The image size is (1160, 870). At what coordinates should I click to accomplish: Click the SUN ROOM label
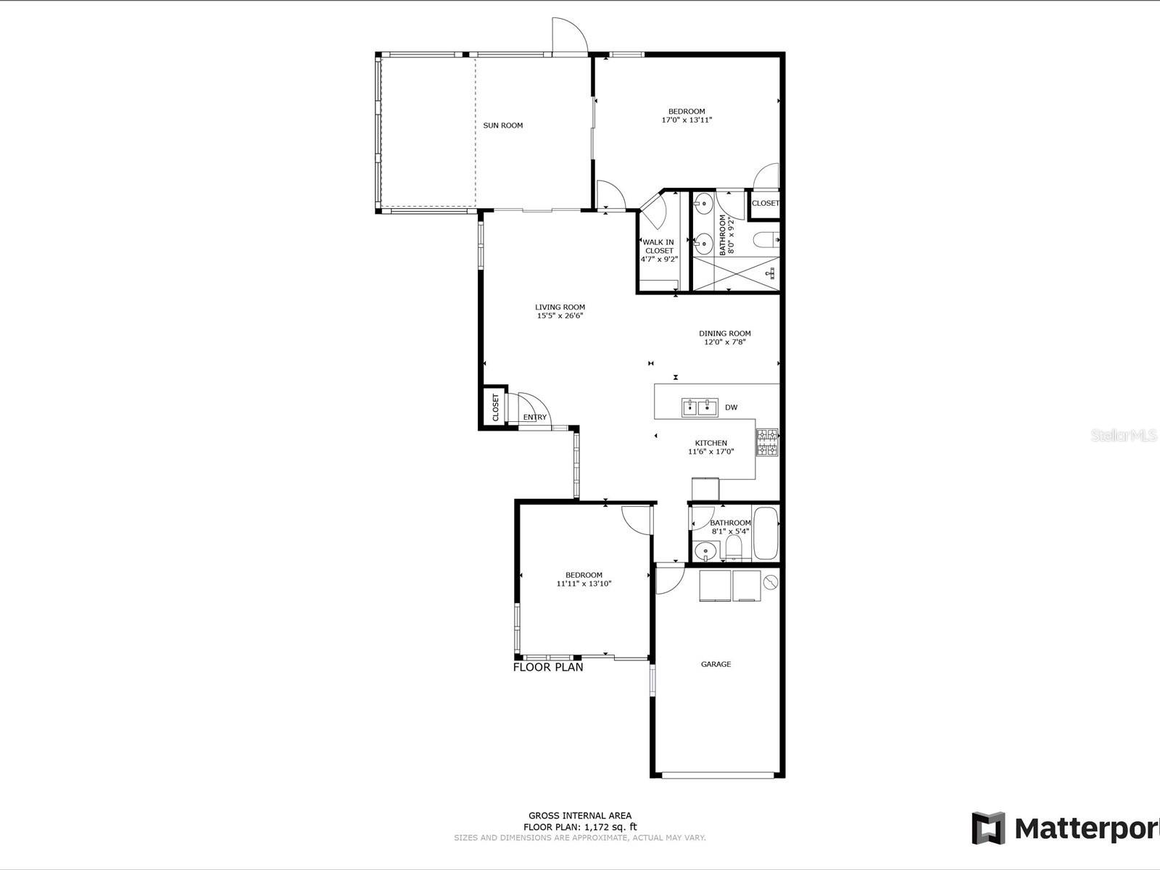pos(502,125)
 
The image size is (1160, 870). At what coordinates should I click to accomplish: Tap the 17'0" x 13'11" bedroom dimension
pos(687,120)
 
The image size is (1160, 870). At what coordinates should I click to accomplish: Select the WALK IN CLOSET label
pos(659,246)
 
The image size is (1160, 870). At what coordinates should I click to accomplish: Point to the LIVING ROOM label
pos(560,307)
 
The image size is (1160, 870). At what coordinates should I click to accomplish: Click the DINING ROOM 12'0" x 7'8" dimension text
pos(725,342)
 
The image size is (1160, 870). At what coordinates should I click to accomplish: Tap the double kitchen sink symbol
pos(699,407)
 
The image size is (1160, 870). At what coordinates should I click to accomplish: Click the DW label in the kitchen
pos(731,407)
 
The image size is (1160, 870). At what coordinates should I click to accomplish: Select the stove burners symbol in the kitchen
pos(767,443)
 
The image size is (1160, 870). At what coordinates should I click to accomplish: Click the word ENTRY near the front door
pos(535,418)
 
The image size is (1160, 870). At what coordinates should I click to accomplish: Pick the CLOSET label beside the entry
pos(496,407)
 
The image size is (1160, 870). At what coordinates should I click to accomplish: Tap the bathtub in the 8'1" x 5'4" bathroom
pos(766,534)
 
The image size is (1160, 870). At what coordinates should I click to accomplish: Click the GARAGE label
pos(716,664)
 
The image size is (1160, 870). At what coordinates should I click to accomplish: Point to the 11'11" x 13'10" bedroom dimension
pos(584,584)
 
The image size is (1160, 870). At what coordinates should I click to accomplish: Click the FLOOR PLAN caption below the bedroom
pos(548,667)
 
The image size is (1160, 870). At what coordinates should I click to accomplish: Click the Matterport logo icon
pos(989,828)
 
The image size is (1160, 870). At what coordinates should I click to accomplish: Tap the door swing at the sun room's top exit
pos(568,36)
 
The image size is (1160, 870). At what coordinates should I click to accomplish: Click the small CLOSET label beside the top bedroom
pos(765,204)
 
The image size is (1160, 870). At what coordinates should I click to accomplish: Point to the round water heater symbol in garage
pos(771,581)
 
